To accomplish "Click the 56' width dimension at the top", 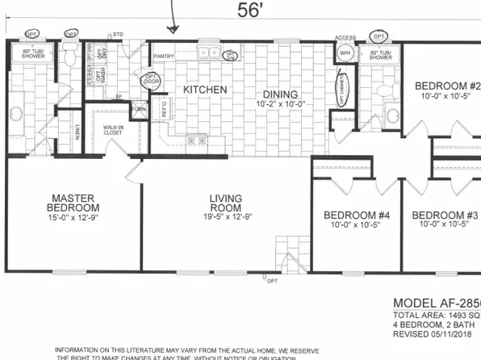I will (249, 10).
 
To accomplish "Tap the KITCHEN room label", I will (204, 90).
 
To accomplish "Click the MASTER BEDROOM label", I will (73, 203).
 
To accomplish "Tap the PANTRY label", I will (164, 57).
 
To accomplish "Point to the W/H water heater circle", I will (346, 54).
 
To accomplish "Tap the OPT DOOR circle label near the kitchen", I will (151, 82).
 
